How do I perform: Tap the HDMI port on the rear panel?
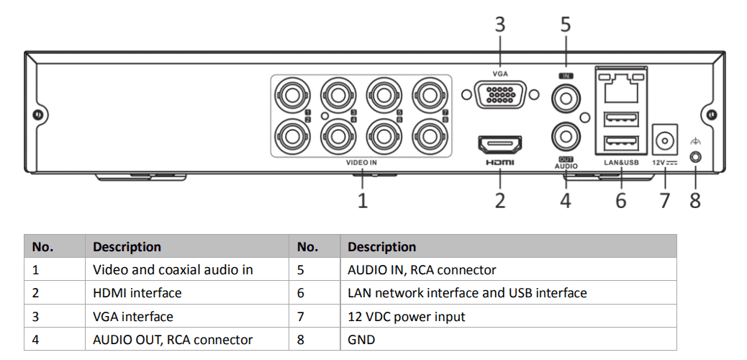click(x=500, y=144)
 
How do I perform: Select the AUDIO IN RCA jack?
click(x=566, y=96)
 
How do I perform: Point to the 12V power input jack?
click(x=664, y=138)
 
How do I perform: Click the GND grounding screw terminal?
click(x=696, y=156)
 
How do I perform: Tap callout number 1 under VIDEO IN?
click(x=363, y=199)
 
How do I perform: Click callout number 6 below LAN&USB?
click(x=620, y=199)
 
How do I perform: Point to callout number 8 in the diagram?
click(x=695, y=199)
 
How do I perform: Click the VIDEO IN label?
click(x=361, y=163)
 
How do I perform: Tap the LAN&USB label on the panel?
click(x=621, y=163)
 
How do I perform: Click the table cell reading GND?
click(x=361, y=340)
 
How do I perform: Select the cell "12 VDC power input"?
click(x=406, y=317)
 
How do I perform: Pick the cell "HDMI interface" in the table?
click(x=137, y=293)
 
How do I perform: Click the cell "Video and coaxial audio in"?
click(x=173, y=270)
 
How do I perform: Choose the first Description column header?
click(x=127, y=247)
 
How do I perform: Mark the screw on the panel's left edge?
click(x=37, y=115)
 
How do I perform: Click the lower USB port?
click(x=621, y=143)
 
